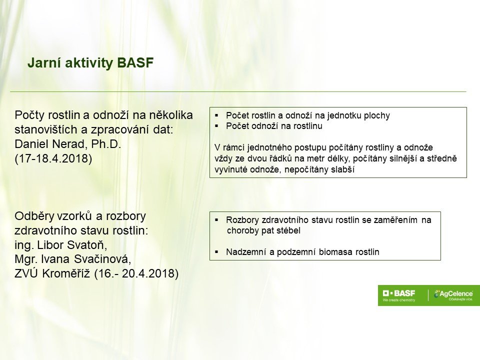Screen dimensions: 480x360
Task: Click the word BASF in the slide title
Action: click(x=135, y=63)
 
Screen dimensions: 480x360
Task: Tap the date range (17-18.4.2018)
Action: click(x=53, y=158)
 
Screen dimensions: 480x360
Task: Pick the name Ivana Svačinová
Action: click(x=85, y=259)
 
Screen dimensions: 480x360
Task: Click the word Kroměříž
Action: click(x=66, y=273)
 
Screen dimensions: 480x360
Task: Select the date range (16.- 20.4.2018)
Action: click(x=136, y=273)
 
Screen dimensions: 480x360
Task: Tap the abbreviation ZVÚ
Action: click(x=26, y=273)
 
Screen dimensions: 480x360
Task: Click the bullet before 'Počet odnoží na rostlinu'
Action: click(x=216, y=126)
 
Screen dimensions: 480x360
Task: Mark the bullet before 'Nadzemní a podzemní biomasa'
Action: click(x=216, y=252)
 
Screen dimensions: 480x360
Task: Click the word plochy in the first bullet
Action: click(x=377, y=115)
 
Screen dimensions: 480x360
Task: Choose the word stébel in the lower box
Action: click(x=288, y=230)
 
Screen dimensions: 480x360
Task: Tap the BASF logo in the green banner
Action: click(x=399, y=293)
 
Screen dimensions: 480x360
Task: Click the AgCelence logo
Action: click(x=453, y=294)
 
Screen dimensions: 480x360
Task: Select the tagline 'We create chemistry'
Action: click(x=399, y=300)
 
